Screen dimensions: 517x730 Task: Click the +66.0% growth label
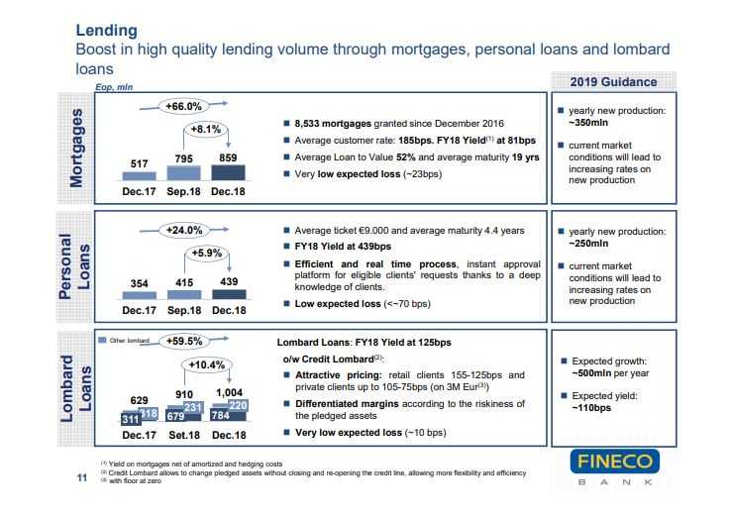coord(183,106)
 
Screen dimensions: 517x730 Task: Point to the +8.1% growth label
coord(207,129)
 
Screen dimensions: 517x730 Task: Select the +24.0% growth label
coord(183,230)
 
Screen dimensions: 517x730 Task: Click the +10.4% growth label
coord(207,364)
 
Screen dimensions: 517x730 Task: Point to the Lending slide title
coord(107,31)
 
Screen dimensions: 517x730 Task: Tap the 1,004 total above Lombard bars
coord(230,392)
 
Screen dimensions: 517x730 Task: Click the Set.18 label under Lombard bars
coord(184,434)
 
